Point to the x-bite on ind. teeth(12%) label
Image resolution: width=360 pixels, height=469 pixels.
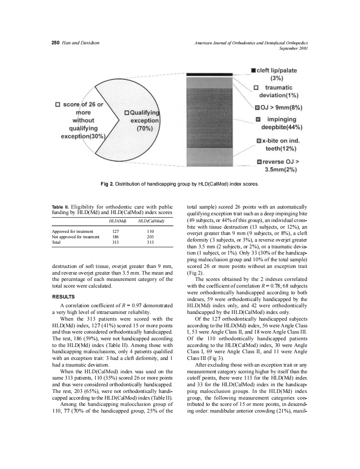click(x=279, y=144)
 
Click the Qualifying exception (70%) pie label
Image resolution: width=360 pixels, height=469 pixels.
click(x=142, y=120)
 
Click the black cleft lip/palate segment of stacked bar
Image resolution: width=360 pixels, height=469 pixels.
click(x=208, y=74)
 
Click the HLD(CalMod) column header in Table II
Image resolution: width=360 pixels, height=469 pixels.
click(x=149, y=221)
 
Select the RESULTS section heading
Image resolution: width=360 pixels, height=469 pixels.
click(x=63, y=297)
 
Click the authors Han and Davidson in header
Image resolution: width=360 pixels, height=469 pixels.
click(x=81, y=43)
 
